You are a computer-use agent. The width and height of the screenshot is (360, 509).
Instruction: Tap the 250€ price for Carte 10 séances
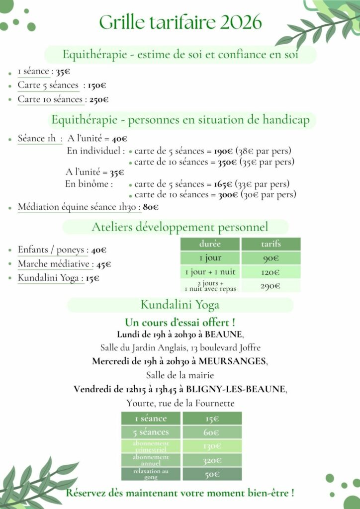pos(98,100)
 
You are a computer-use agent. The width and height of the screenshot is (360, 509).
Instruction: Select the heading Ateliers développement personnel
pos(180,228)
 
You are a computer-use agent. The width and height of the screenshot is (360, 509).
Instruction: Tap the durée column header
pos(210,244)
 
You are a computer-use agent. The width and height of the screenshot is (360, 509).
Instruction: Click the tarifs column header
pos(270,244)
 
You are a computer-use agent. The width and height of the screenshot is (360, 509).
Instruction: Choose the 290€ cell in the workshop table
pos(270,286)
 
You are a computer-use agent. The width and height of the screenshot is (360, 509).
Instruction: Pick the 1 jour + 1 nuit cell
pos(210,272)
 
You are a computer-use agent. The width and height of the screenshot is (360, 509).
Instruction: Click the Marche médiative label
pos(53,264)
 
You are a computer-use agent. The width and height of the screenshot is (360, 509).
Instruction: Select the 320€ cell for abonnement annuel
pos(212,461)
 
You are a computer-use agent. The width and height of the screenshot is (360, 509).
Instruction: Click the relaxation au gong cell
pos(151,474)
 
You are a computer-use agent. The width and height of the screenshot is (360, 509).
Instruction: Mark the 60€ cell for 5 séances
pos(212,432)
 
